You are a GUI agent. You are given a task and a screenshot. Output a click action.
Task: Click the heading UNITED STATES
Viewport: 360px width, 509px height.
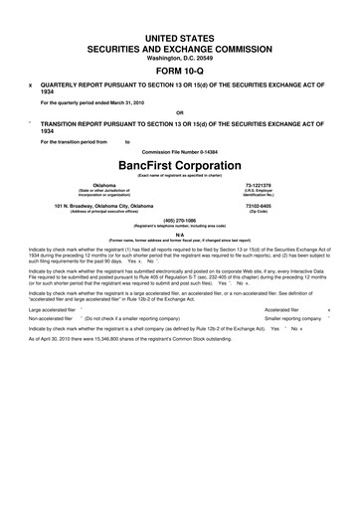click(x=180, y=36)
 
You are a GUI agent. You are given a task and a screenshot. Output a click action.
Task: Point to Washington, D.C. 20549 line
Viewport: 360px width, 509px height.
click(x=180, y=57)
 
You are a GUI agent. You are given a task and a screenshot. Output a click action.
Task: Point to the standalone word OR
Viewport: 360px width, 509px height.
click(x=180, y=112)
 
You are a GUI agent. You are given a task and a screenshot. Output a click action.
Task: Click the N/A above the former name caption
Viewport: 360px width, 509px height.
click(x=180, y=235)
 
